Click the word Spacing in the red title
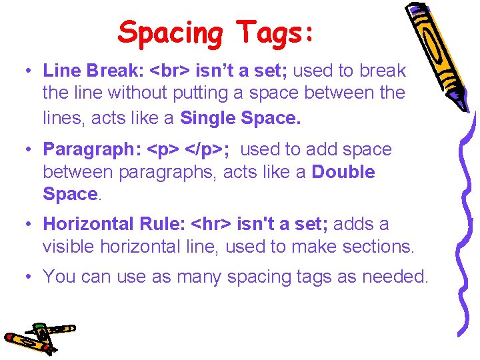[x=171, y=33]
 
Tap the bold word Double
[x=343, y=171]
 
